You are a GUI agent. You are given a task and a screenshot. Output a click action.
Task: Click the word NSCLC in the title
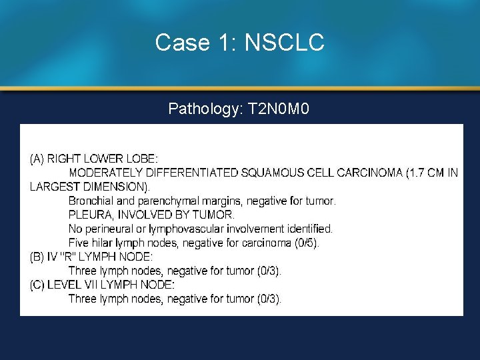click(285, 43)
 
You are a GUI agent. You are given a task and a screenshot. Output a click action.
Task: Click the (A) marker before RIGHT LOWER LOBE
click(37, 159)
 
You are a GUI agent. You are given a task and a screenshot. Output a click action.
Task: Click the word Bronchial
click(91, 201)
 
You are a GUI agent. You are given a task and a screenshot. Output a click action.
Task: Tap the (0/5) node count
click(307, 243)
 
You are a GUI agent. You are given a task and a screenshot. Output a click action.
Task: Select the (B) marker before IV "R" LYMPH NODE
click(37, 257)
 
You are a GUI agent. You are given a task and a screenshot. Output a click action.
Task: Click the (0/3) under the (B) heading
click(269, 271)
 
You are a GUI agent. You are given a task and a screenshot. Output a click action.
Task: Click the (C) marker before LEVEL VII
click(37, 285)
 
